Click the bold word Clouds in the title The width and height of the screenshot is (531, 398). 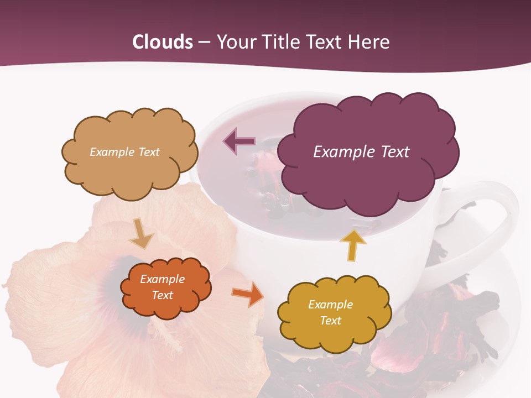(x=163, y=42)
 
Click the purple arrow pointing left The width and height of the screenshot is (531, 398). (x=239, y=141)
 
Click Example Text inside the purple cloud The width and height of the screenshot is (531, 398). (x=361, y=152)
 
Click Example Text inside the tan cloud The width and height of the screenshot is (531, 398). (x=124, y=152)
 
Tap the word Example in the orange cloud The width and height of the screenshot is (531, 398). (x=162, y=279)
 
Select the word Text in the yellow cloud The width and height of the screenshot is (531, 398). (x=330, y=321)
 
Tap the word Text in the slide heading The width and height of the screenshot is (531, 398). (x=326, y=42)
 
